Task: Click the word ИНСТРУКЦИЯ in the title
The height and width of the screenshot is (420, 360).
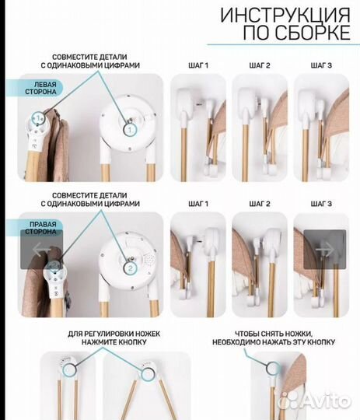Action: coord(285,16)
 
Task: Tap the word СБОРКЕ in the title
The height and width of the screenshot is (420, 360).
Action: coord(313,33)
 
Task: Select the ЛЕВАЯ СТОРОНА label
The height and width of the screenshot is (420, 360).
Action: coord(40,88)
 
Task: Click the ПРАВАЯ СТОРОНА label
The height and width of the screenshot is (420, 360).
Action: coord(40,228)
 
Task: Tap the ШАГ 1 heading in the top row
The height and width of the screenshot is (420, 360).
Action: coord(198,65)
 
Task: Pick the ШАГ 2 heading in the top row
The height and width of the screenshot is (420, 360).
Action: coord(260,65)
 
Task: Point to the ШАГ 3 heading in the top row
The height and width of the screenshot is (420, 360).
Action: coord(321,65)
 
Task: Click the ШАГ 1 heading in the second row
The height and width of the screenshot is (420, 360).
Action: coord(198,204)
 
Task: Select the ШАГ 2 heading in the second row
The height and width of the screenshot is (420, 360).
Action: coord(260,204)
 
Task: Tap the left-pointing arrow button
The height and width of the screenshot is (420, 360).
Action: coord(42,250)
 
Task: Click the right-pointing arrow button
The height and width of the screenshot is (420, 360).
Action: coord(325,250)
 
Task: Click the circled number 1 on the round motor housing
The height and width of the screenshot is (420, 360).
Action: coord(130,130)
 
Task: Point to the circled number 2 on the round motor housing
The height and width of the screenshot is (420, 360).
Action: coord(131,268)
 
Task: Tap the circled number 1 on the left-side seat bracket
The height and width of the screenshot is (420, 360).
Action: coord(38,118)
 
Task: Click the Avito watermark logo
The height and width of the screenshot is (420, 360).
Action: coord(314,401)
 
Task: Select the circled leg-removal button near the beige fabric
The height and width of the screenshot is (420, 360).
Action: coord(273,368)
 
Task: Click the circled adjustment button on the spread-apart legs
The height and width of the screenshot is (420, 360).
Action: coord(148,374)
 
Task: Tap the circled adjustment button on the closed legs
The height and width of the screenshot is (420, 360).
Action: coord(69,370)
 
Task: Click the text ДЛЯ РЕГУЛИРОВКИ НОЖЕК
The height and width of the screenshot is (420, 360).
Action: coord(114,334)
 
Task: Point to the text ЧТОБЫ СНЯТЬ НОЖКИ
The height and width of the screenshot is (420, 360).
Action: coord(274,334)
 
